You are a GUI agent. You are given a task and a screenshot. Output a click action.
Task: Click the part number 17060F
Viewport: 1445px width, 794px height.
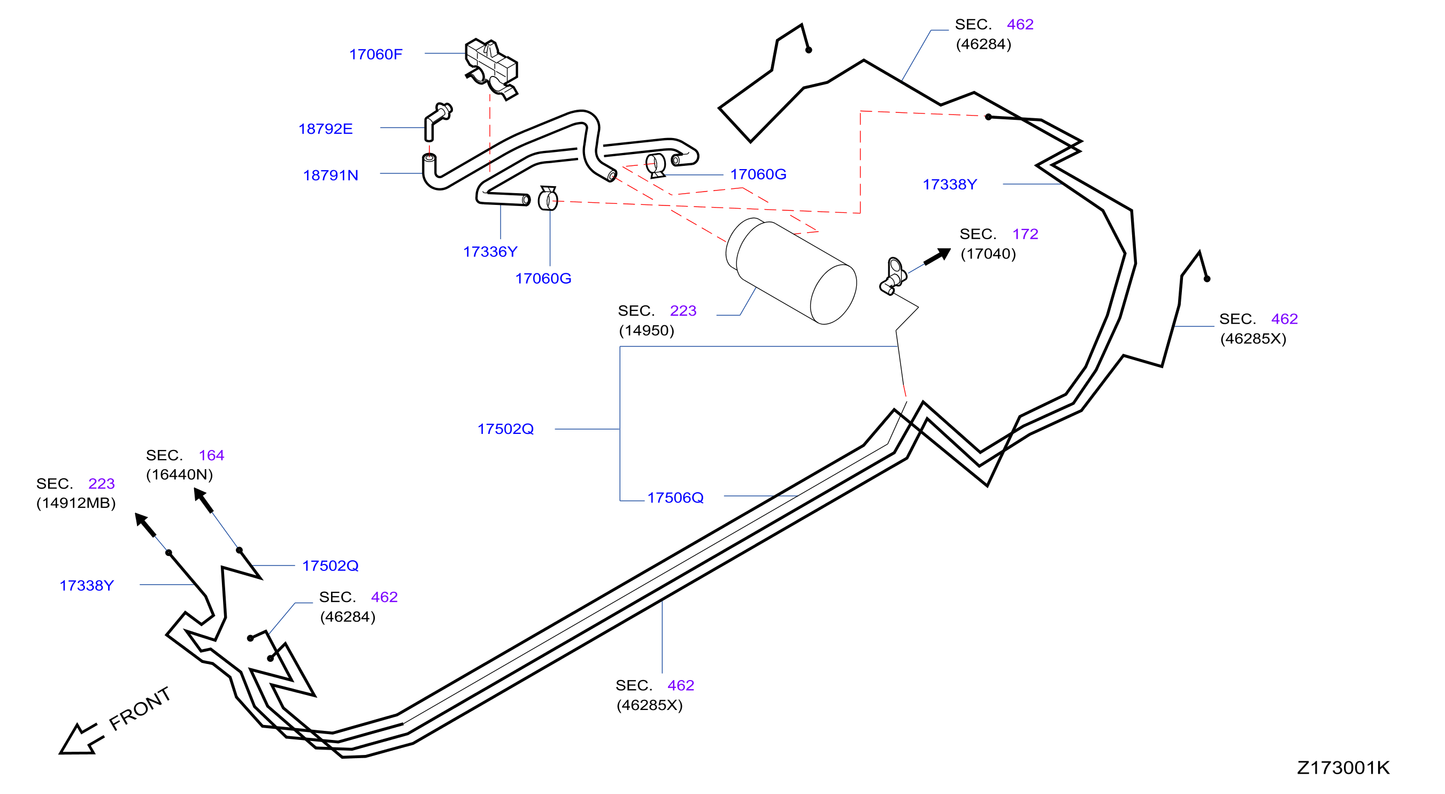pyautogui.click(x=375, y=55)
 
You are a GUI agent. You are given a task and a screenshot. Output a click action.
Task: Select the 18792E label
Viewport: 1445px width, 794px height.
pyautogui.click(x=325, y=129)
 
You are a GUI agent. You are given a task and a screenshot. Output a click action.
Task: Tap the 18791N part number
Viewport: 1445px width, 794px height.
pyautogui.click(x=330, y=175)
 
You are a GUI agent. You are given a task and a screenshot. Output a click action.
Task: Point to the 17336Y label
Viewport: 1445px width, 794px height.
pyautogui.click(x=490, y=252)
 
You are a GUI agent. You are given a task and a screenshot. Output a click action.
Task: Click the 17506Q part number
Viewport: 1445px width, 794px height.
pyautogui.click(x=675, y=498)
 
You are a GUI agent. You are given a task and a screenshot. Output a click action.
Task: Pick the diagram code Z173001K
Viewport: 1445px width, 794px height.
pyautogui.click(x=1343, y=768)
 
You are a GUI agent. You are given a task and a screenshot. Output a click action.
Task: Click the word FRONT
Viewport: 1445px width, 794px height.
pyautogui.click(x=140, y=709)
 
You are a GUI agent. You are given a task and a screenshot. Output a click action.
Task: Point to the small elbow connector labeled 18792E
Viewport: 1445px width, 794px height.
pyautogui.click(x=437, y=120)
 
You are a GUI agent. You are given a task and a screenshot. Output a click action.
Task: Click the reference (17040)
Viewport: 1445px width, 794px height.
pyautogui.click(x=988, y=254)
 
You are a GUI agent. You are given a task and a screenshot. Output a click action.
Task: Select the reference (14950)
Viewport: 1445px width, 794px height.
pyautogui.click(x=646, y=331)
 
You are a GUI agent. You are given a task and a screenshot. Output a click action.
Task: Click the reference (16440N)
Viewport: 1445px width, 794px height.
pyautogui.click(x=180, y=475)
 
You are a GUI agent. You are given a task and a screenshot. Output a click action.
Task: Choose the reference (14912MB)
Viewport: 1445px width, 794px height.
pyautogui.click(x=76, y=503)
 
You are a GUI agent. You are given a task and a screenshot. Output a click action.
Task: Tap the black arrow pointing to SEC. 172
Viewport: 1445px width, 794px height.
pyautogui.click(x=937, y=257)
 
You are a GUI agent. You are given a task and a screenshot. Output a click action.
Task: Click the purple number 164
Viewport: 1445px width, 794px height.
pyautogui.click(x=211, y=455)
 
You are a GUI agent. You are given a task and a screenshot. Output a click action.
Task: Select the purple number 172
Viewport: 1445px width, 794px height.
pyautogui.click(x=1025, y=234)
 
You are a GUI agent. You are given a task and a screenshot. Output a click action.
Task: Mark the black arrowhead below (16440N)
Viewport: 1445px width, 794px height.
pyautogui.click(x=203, y=500)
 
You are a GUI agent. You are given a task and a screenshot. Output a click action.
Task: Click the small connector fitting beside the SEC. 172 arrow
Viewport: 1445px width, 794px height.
pyautogui.click(x=893, y=276)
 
